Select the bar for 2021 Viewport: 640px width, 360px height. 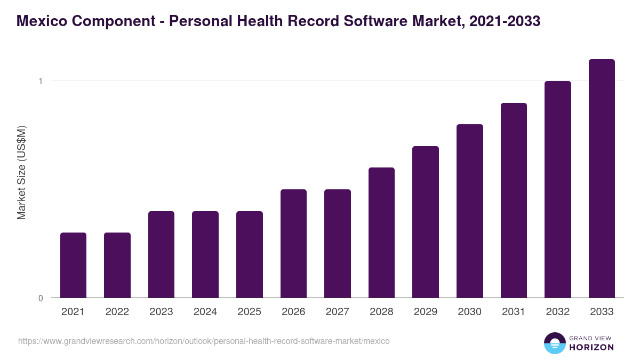[x=73, y=265]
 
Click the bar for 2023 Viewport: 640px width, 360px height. [x=161, y=254]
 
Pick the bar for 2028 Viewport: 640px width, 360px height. [x=381, y=233]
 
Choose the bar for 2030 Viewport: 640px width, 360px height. [x=470, y=211]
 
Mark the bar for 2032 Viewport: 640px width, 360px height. [x=558, y=189]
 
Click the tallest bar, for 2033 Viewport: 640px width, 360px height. [x=602, y=178]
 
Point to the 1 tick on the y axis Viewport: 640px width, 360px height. [x=40, y=81]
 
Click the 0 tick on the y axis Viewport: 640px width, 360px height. [x=40, y=298]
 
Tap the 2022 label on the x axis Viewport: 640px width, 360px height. [x=117, y=312]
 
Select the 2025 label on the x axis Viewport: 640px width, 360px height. [x=249, y=312]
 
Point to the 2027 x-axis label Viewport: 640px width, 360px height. [x=338, y=312]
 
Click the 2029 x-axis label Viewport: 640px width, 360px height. [x=426, y=312]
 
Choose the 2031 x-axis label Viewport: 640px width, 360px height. [x=514, y=312]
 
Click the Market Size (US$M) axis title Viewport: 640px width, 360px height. [x=21, y=173]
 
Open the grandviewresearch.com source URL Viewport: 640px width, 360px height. [x=204, y=341]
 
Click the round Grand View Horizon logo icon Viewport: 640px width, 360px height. [x=554, y=343]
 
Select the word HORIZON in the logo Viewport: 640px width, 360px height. [x=591, y=347]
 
